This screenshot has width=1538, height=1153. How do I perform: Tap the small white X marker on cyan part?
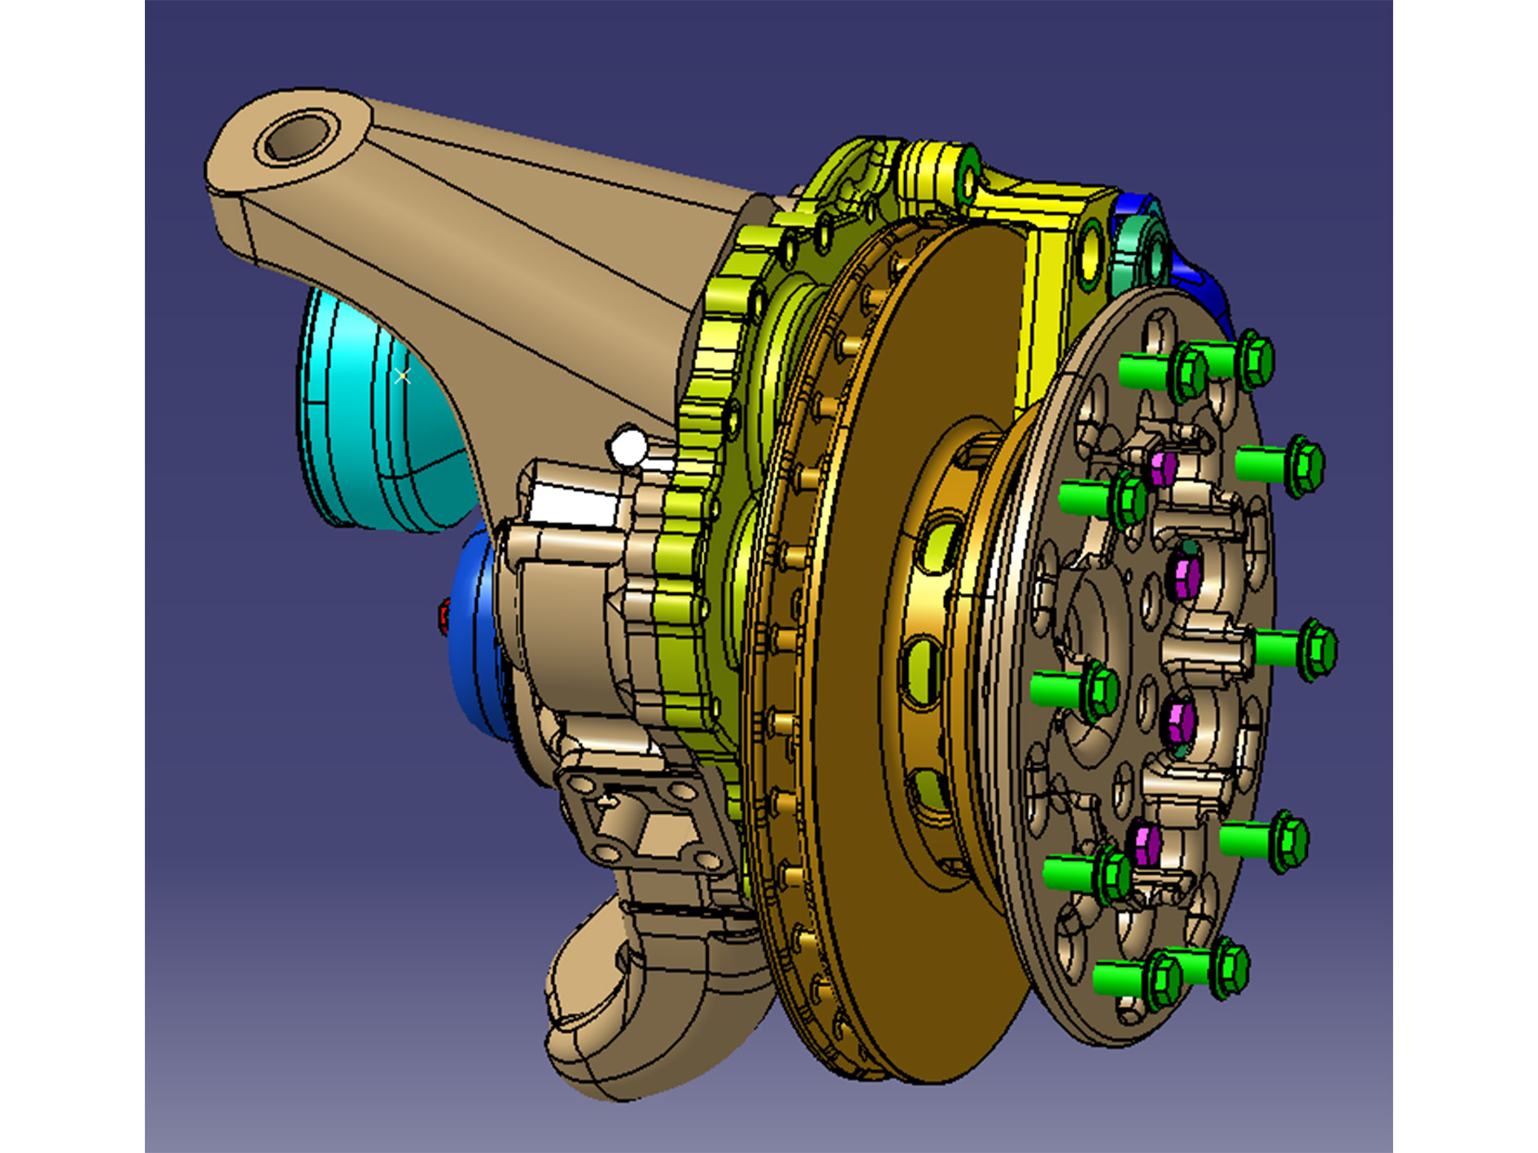click(x=402, y=375)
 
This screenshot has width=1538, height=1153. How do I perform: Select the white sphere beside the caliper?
click(x=628, y=448)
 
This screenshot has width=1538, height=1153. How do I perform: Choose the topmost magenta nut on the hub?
click(x=1164, y=468)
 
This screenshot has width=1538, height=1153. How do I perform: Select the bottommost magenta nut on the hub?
click(x=1147, y=842)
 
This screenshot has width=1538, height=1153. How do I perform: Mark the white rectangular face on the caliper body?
click(x=570, y=504)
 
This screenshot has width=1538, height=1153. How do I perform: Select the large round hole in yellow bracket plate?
click(x=1090, y=252)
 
